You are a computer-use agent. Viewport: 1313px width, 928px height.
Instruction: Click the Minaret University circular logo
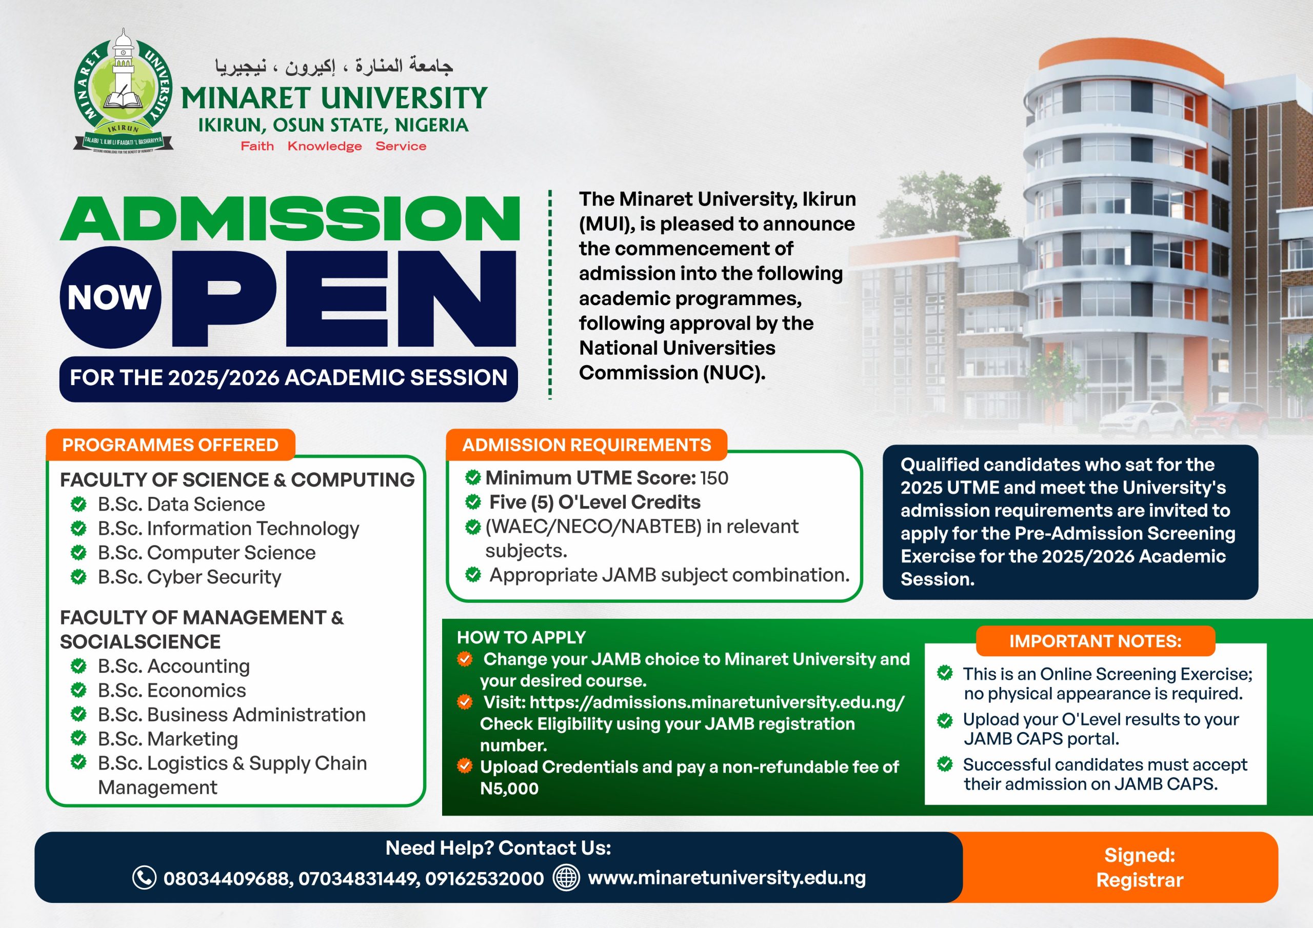pos(123,90)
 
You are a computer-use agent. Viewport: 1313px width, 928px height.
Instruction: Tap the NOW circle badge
pos(110,297)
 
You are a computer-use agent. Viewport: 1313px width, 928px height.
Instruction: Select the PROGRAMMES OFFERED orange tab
pos(170,445)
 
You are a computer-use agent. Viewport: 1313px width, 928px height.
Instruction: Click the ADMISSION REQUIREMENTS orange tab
pos(586,445)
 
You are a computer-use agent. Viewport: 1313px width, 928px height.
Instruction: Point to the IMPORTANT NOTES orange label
pos(1095,641)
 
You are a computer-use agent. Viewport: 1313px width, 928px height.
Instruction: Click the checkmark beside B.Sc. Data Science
pos(78,505)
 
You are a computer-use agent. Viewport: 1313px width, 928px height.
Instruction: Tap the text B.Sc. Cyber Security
pos(189,577)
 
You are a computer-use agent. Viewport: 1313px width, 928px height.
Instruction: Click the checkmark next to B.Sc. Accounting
pos(78,666)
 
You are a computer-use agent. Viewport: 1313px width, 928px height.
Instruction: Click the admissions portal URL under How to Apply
pos(717,702)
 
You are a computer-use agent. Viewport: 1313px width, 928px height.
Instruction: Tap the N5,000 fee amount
pos(509,789)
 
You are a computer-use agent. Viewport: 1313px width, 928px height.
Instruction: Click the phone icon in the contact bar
pos(144,878)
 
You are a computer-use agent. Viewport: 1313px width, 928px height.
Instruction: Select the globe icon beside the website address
pos(566,878)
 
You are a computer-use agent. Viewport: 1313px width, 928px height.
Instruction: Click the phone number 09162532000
pos(484,878)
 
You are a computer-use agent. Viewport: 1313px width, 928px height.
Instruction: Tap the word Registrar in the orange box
pos(1139,880)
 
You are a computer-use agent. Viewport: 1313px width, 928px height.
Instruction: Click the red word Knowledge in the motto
pos(324,146)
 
